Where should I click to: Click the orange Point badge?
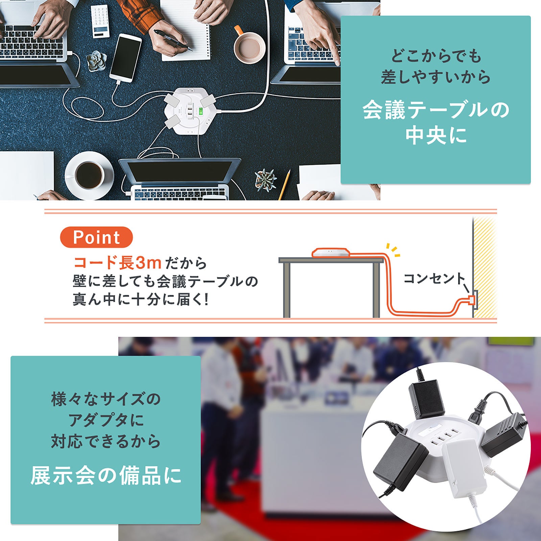pos(96,237)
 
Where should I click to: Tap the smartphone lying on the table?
pos(125,58)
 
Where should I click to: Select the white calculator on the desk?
pos(100,21)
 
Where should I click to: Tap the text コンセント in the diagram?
pos(434,279)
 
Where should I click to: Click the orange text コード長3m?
pos(117,262)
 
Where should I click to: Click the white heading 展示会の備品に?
pos(106,475)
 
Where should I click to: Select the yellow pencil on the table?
pos(284,185)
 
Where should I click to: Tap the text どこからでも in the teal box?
pos(436,56)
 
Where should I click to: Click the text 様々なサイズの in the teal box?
pos(106,399)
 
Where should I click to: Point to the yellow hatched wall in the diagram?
pos(485,267)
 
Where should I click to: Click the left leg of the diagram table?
pos(287,290)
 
